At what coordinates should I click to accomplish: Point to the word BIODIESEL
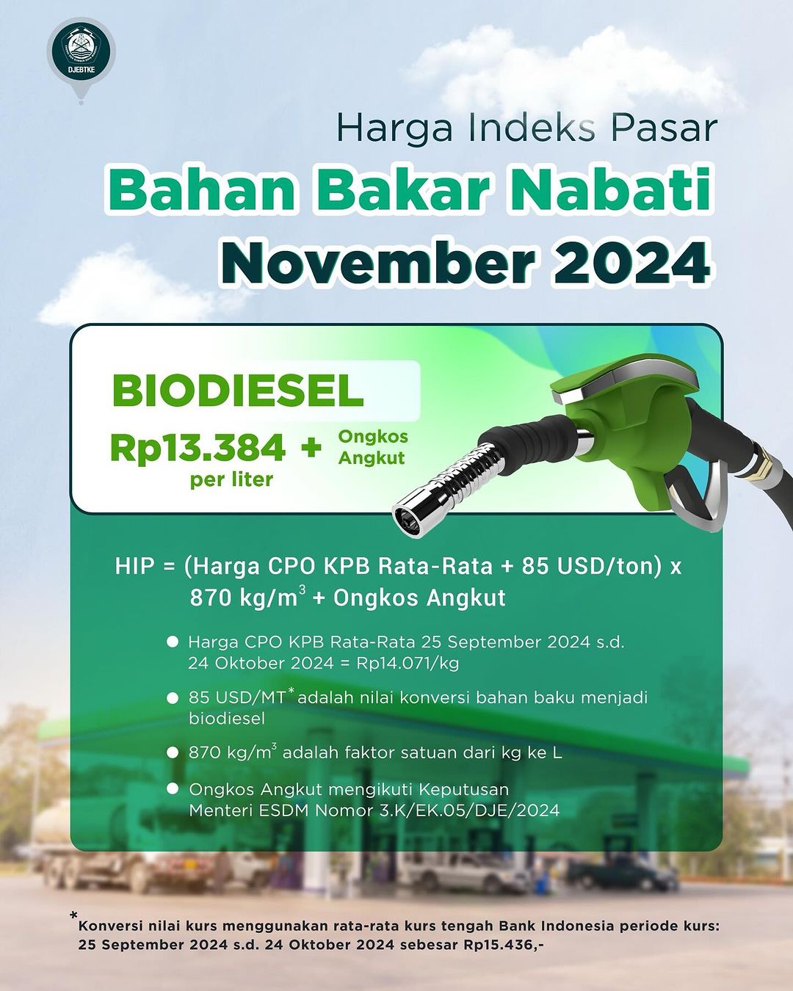[237, 391]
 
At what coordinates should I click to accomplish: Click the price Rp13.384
[198, 447]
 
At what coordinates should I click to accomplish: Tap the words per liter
[231, 480]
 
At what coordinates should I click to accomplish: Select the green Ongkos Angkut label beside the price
[373, 447]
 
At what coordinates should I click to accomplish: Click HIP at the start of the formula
[134, 566]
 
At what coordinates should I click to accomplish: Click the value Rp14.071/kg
[408, 663]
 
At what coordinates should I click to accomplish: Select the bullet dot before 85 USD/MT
[173, 697]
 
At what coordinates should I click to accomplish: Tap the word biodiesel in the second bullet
[227, 719]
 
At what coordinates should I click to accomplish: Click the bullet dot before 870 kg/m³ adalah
[173, 752]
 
